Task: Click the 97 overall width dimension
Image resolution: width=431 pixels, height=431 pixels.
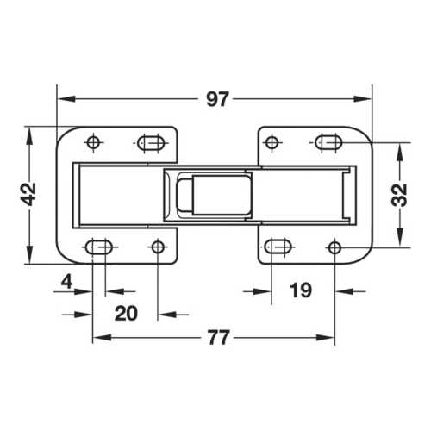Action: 217,99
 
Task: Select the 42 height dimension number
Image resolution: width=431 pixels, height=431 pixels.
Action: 29,194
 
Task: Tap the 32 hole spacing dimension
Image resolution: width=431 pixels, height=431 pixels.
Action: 399,195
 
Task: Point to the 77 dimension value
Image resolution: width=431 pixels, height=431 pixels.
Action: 219,338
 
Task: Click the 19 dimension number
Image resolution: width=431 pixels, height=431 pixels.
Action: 301,290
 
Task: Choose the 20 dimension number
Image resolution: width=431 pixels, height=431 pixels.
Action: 126,313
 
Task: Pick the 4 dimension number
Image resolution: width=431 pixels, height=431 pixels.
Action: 66,281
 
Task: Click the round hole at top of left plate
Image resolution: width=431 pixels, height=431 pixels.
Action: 93,142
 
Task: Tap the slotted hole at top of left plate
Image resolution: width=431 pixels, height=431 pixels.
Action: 152,142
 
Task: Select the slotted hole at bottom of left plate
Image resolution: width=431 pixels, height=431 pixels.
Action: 99,247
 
